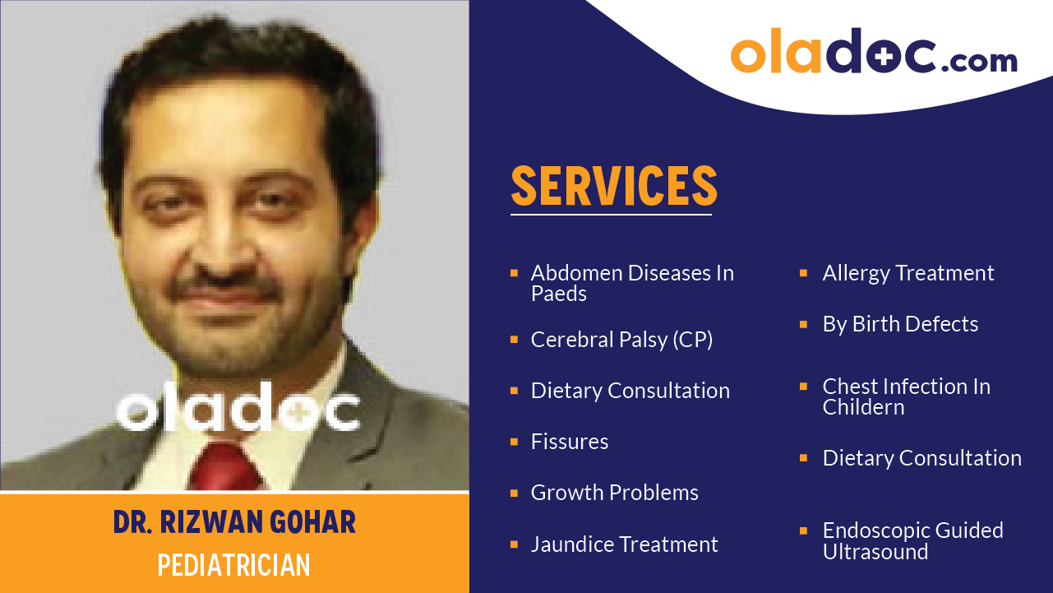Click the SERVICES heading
(614, 186)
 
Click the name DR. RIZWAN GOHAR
(234, 522)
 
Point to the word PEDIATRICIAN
(234, 565)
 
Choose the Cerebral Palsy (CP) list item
(621, 340)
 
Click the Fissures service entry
(570, 442)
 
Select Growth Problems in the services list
(614, 493)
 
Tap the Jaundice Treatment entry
(624, 544)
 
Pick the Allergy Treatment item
(908, 273)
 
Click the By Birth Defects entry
(900, 324)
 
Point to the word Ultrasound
(875, 552)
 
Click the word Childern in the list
(863, 407)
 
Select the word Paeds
(559, 294)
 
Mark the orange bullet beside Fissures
(514, 442)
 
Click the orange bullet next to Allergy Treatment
(804, 273)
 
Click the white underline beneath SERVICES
(611, 215)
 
